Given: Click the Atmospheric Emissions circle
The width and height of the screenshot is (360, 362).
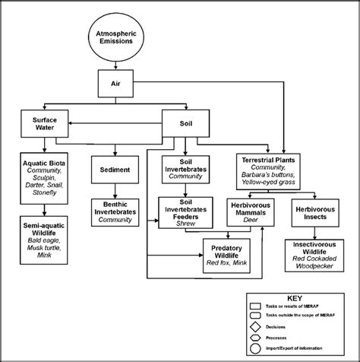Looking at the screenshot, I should (116, 37).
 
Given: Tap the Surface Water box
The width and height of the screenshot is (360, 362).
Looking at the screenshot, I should (45, 124).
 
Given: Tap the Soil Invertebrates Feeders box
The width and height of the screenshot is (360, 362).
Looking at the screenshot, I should (186, 212).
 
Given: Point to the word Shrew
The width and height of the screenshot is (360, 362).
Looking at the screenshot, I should (186, 224).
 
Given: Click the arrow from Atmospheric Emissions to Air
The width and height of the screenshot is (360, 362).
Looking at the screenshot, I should (116, 65).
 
